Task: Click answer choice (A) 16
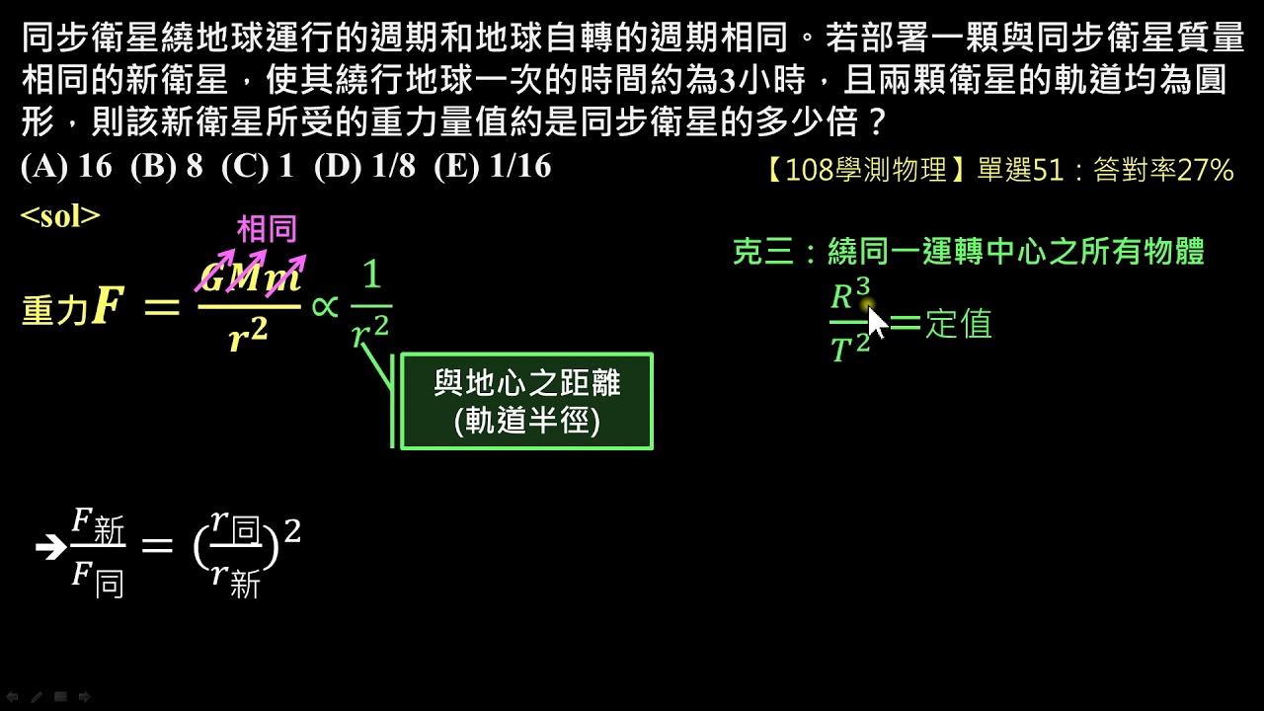66,167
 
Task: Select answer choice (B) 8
167,167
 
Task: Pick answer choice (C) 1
258,167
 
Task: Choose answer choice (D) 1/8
365,167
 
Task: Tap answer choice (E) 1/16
493,167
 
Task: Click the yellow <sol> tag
60,215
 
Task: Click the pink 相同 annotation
267,228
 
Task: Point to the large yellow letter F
108,305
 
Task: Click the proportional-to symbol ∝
325,307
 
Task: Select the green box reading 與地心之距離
526,401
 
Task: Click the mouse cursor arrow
876,322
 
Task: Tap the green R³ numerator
850,294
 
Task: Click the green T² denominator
850,346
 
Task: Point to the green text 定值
959,323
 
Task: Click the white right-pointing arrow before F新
50,547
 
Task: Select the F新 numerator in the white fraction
98,526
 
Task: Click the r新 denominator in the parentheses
236,581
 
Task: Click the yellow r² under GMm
248,338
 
